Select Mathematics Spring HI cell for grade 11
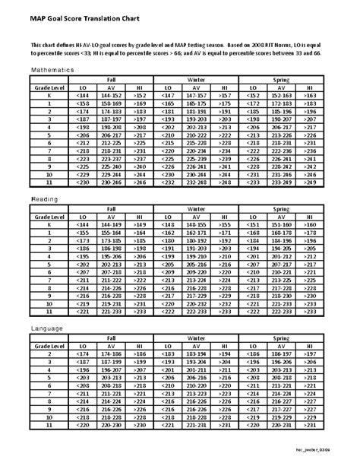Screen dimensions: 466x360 [310, 183]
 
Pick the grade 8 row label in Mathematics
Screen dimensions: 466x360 [49, 159]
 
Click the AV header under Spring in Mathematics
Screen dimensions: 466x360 [282, 87]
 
